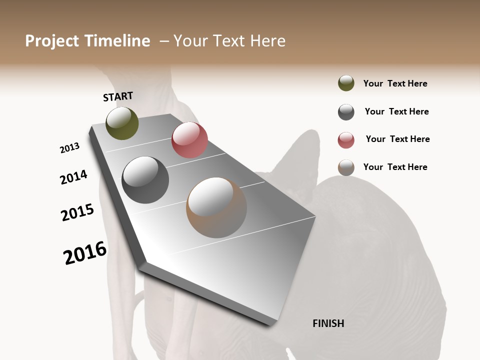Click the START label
(118, 96)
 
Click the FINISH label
(328, 323)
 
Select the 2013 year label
(70, 148)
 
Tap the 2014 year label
(74, 177)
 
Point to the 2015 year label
(77, 212)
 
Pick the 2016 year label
(85, 253)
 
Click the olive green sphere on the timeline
(122, 123)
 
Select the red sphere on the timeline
(189, 140)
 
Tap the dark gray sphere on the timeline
(145, 180)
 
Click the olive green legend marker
(346, 83)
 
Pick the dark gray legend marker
(346, 112)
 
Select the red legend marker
(346, 140)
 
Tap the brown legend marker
(346, 167)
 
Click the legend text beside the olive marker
(395, 83)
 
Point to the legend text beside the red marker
(397, 139)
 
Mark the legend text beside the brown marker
(395, 167)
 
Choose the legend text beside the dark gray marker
(396, 111)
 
